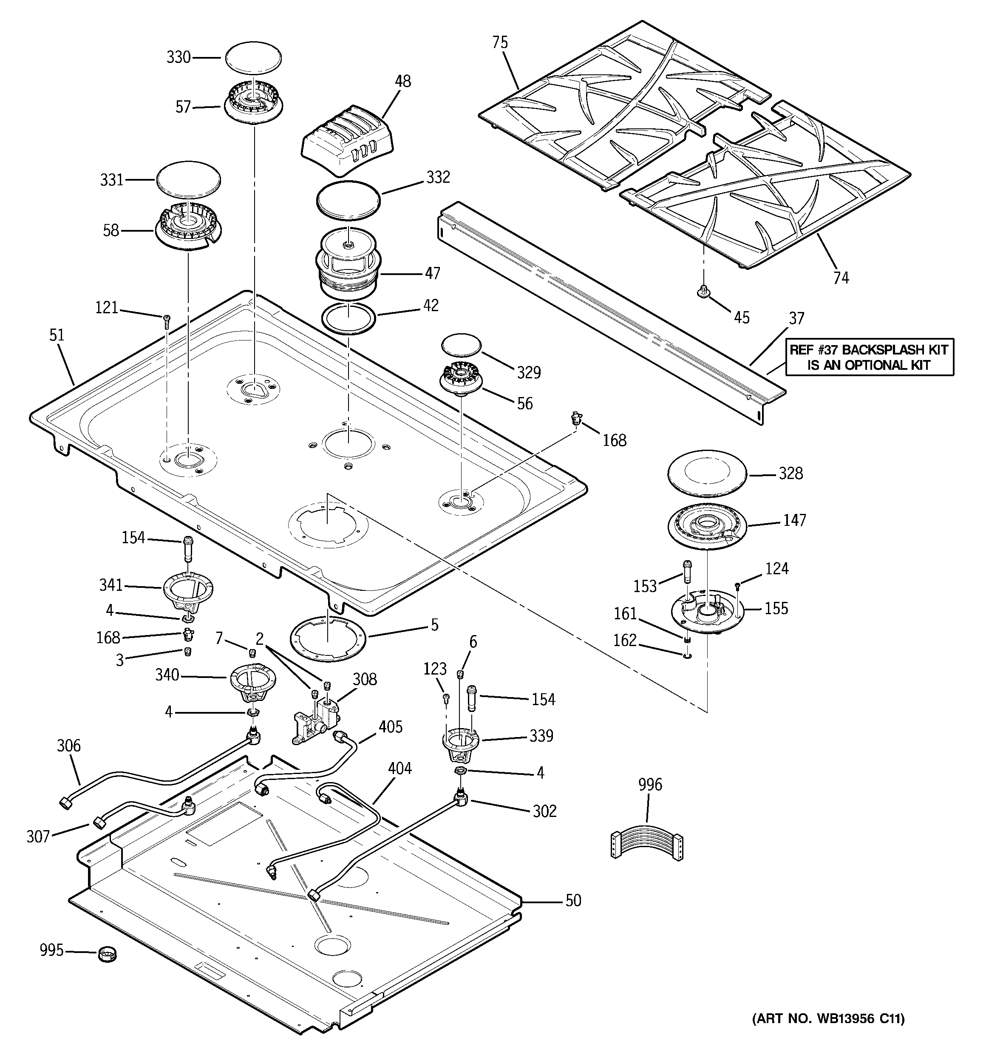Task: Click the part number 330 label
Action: click(178, 57)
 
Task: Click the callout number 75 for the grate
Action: click(500, 43)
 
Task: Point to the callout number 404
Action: click(399, 768)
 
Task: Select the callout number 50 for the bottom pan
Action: click(573, 900)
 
